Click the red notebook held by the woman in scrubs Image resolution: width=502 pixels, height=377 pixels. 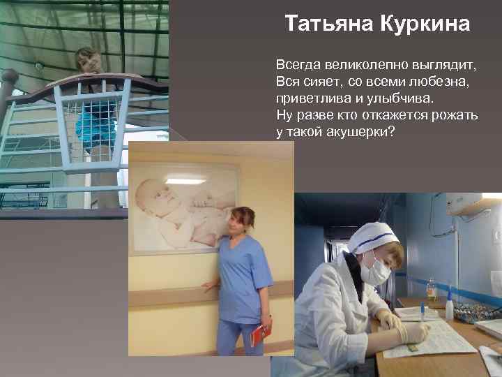point(259,333)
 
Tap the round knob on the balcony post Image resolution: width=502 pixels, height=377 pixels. point(9,75)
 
